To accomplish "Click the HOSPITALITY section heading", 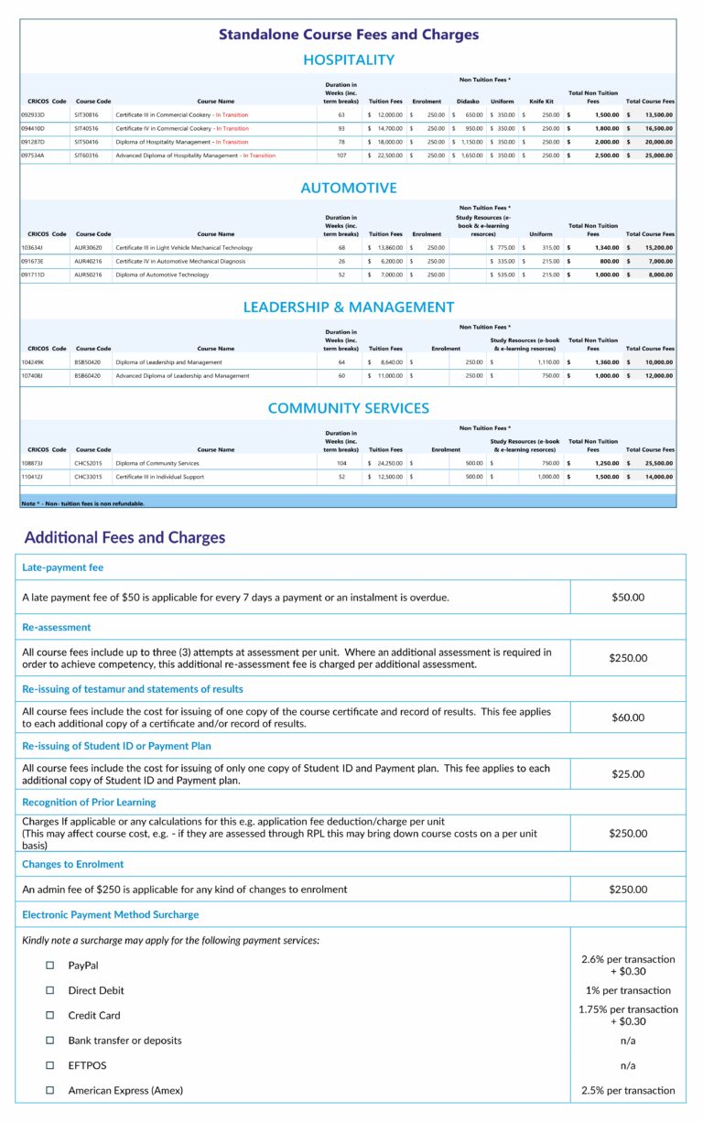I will (x=349, y=60).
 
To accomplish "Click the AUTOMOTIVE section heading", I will (x=349, y=189).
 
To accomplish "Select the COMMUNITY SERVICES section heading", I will (x=349, y=408).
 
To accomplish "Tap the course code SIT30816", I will (x=87, y=115).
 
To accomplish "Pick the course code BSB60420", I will (x=88, y=376).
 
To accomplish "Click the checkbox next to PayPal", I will (x=50, y=966).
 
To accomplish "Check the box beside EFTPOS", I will (x=50, y=1065).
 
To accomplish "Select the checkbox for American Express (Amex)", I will (x=50, y=1090).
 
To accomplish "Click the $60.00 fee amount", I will (x=628, y=717).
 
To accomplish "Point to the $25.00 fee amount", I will (x=628, y=774).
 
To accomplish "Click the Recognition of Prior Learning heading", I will (x=89, y=802).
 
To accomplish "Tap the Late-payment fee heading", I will (x=63, y=567).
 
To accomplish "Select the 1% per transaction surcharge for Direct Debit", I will (x=628, y=990).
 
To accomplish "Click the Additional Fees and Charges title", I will (x=124, y=538).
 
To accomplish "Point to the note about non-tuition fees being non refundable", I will (x=82, y=503).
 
